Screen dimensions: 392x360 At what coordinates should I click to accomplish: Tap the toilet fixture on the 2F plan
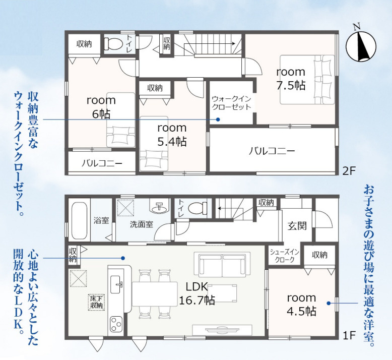113,44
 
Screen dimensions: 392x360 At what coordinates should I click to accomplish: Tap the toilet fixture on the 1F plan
198,207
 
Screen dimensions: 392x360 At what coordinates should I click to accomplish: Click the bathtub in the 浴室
80,221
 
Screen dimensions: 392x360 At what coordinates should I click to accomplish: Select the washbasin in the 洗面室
159,206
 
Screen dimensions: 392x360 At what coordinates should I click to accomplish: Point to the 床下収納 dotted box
96,302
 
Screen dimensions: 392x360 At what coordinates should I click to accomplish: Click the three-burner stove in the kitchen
116,324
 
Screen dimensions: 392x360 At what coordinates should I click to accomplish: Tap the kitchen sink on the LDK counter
116,285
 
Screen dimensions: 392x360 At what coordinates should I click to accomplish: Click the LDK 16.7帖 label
197,293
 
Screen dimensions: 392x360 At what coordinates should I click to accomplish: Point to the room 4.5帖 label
301,305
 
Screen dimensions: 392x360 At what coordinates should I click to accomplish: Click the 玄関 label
297,226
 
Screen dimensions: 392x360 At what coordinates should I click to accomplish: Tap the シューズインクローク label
285,256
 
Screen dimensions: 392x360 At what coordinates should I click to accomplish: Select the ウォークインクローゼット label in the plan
231,103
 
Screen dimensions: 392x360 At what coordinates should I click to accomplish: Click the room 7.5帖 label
291,79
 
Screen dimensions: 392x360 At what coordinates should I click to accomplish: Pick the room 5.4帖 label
172,135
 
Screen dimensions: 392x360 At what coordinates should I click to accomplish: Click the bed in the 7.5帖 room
307,80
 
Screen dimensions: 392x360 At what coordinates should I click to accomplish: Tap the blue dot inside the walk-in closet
218,119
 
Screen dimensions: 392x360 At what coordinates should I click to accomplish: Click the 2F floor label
349,171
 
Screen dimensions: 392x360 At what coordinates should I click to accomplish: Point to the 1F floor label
349,335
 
